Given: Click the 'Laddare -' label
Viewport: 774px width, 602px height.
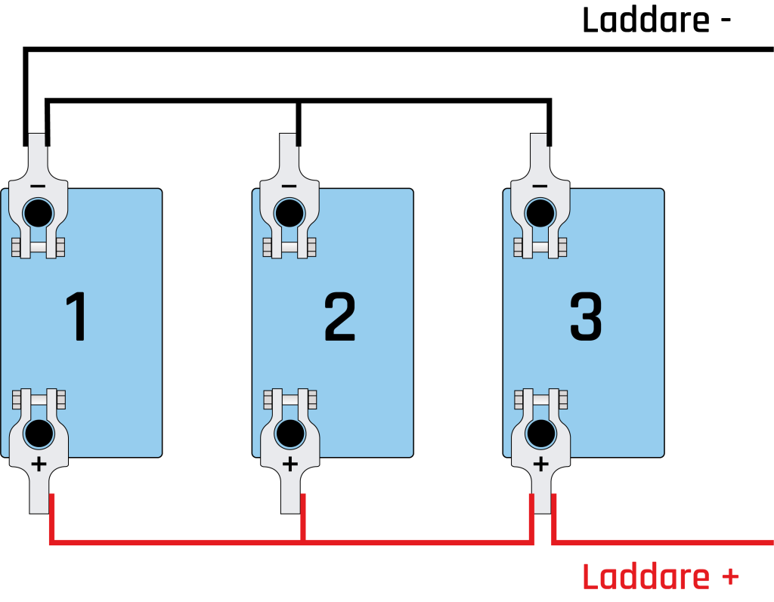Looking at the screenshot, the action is (656, 20).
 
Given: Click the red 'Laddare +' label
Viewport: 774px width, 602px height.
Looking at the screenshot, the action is (661, 576).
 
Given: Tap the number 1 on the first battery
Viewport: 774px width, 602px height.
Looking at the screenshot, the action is (76, 316).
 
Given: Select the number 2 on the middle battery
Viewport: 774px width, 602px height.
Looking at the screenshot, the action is (339, 316).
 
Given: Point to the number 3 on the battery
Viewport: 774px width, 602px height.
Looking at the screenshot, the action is (586, 316).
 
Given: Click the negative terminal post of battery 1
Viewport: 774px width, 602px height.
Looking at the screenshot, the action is (39, 213).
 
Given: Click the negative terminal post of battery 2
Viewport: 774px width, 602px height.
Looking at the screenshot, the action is (289, 213).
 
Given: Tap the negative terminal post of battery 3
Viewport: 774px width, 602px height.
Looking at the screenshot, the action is (540, 213).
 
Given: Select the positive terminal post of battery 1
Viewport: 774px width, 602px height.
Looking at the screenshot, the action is (39, 434).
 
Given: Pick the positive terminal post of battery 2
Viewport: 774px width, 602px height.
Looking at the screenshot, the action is (290, 434).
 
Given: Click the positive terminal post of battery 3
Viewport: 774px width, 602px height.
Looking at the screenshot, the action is (541, 434).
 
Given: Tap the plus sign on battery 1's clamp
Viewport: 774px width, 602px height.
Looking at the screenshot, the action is (39, 465).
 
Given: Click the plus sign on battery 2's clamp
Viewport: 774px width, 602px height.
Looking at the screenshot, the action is (289, 465).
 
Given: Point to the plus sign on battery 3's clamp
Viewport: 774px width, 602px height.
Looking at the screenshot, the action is (541, 465).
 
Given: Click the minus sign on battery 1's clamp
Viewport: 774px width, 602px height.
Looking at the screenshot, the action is (38, 186).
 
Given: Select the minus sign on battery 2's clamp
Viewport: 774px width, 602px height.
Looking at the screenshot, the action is (289, 186).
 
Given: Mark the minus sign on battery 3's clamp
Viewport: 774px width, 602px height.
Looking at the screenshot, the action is (540, 186).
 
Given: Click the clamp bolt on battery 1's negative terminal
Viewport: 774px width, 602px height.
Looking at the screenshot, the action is (38, 248).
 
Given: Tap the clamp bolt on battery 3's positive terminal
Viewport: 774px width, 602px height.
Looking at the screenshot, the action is (541, 400).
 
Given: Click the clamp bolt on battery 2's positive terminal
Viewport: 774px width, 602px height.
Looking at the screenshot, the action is (290, 400).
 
